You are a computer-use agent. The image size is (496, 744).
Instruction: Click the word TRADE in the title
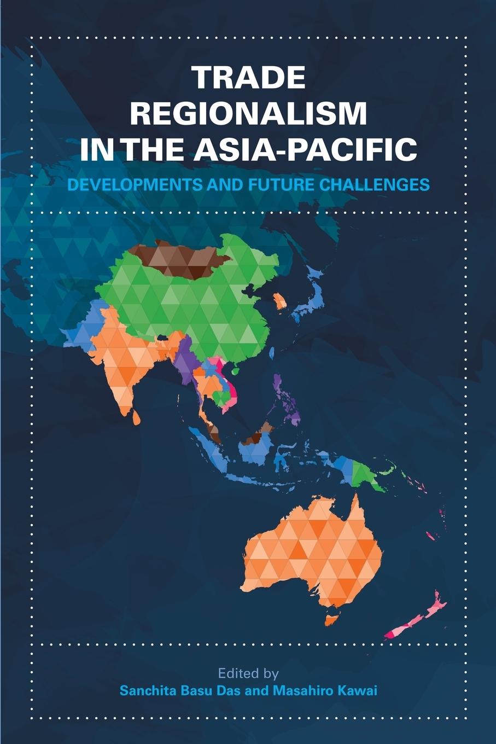tap(248, 78)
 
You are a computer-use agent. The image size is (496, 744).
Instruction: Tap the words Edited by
tap(248, 672)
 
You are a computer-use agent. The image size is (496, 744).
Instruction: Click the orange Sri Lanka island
tap(136, 417)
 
